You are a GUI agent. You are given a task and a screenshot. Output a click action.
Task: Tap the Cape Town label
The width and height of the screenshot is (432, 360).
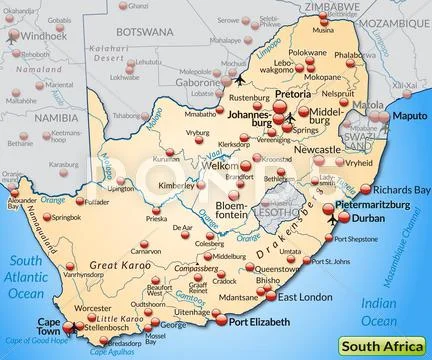(49, 326)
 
